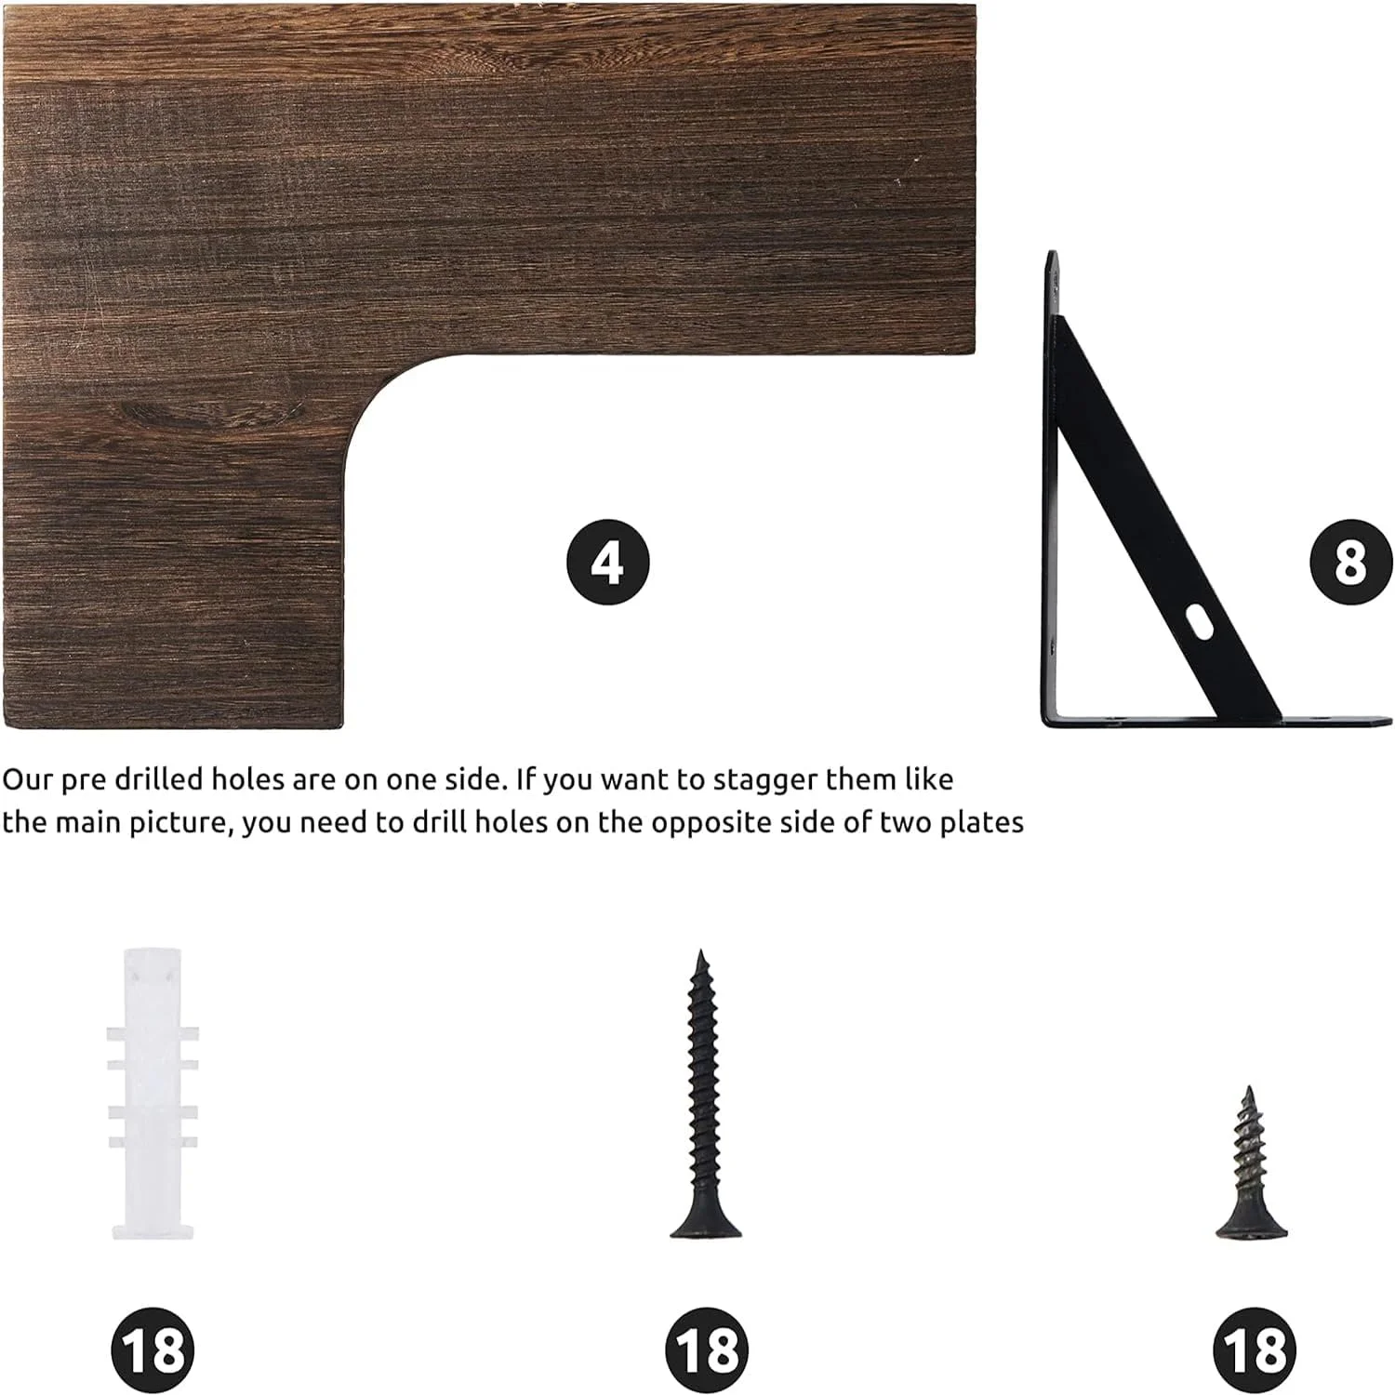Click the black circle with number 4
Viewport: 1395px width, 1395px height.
tap(607, 563)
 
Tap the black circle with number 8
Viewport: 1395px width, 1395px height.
tap(1351, 562)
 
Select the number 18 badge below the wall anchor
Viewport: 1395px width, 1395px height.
tap(153, 1349)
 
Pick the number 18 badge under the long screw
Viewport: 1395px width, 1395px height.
tap(707, 1349)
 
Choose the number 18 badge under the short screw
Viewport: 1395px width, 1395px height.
tap(1255, 1349)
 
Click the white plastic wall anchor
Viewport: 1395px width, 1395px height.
tap(153, 1094)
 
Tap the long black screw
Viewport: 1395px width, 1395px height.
tap(705, 1094)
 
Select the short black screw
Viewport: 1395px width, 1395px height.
tap(1251, 1162)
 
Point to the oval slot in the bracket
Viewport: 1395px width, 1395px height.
tap(1200, 622)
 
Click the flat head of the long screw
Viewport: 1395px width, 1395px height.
tap(706, 1226)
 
